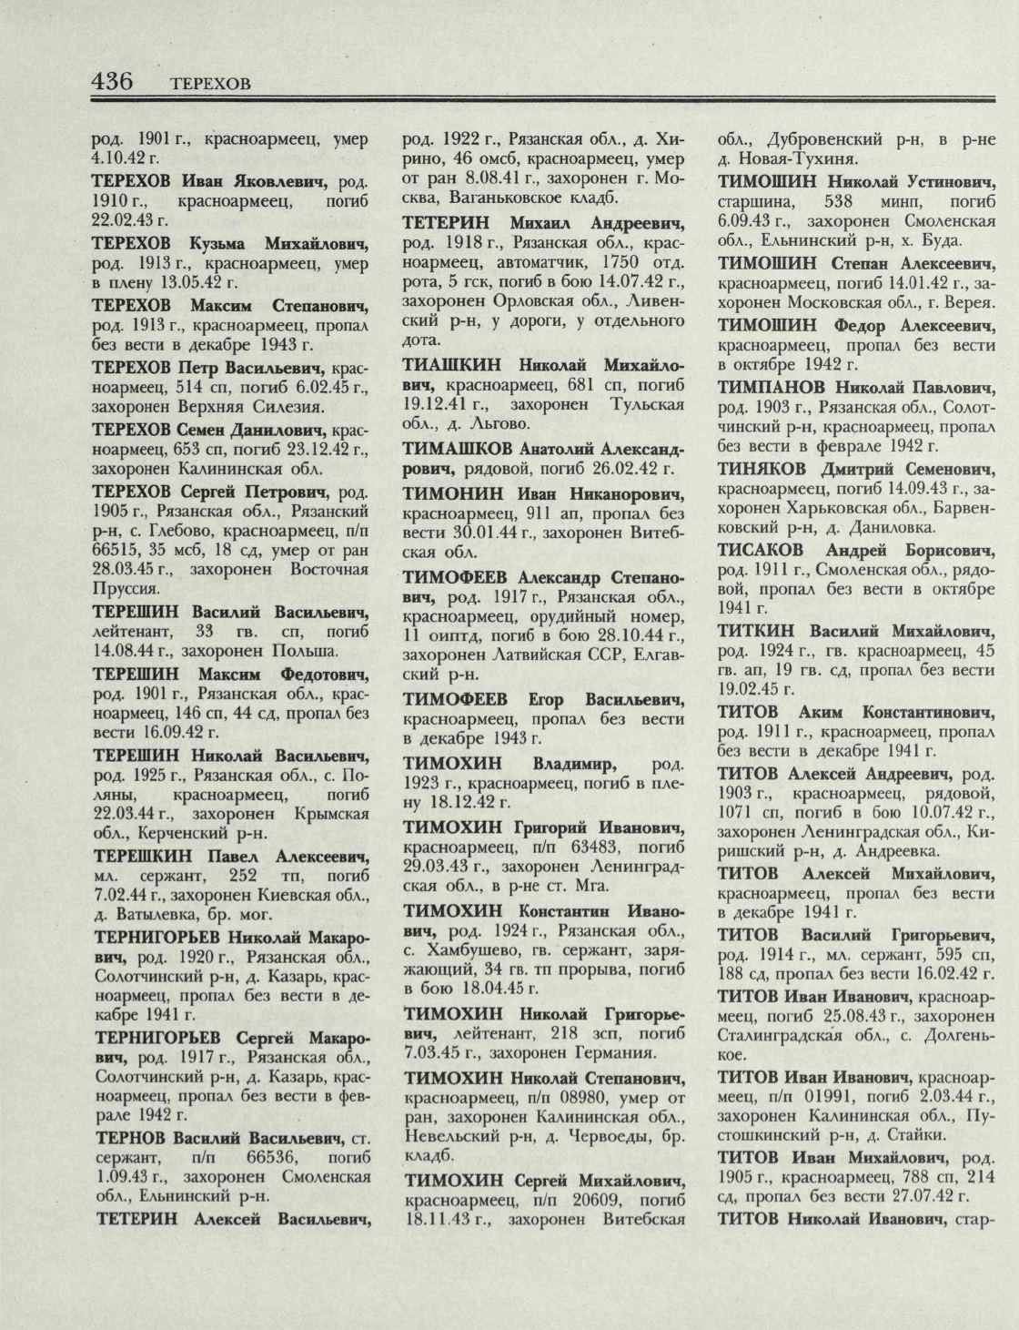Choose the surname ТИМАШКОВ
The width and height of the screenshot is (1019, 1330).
pos(457,449)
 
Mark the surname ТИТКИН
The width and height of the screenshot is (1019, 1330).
pos(756,630)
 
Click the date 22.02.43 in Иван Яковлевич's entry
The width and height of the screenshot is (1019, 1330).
pos(123,219)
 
